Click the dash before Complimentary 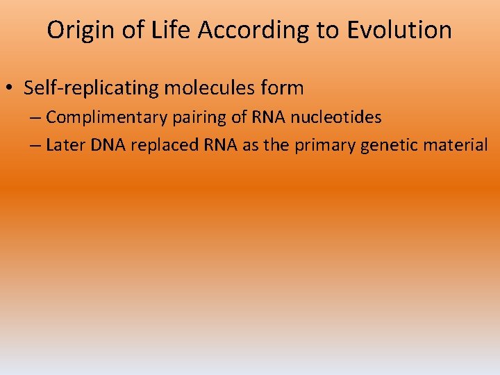(35, 117)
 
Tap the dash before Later (35, 145)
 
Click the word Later (63, 144)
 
